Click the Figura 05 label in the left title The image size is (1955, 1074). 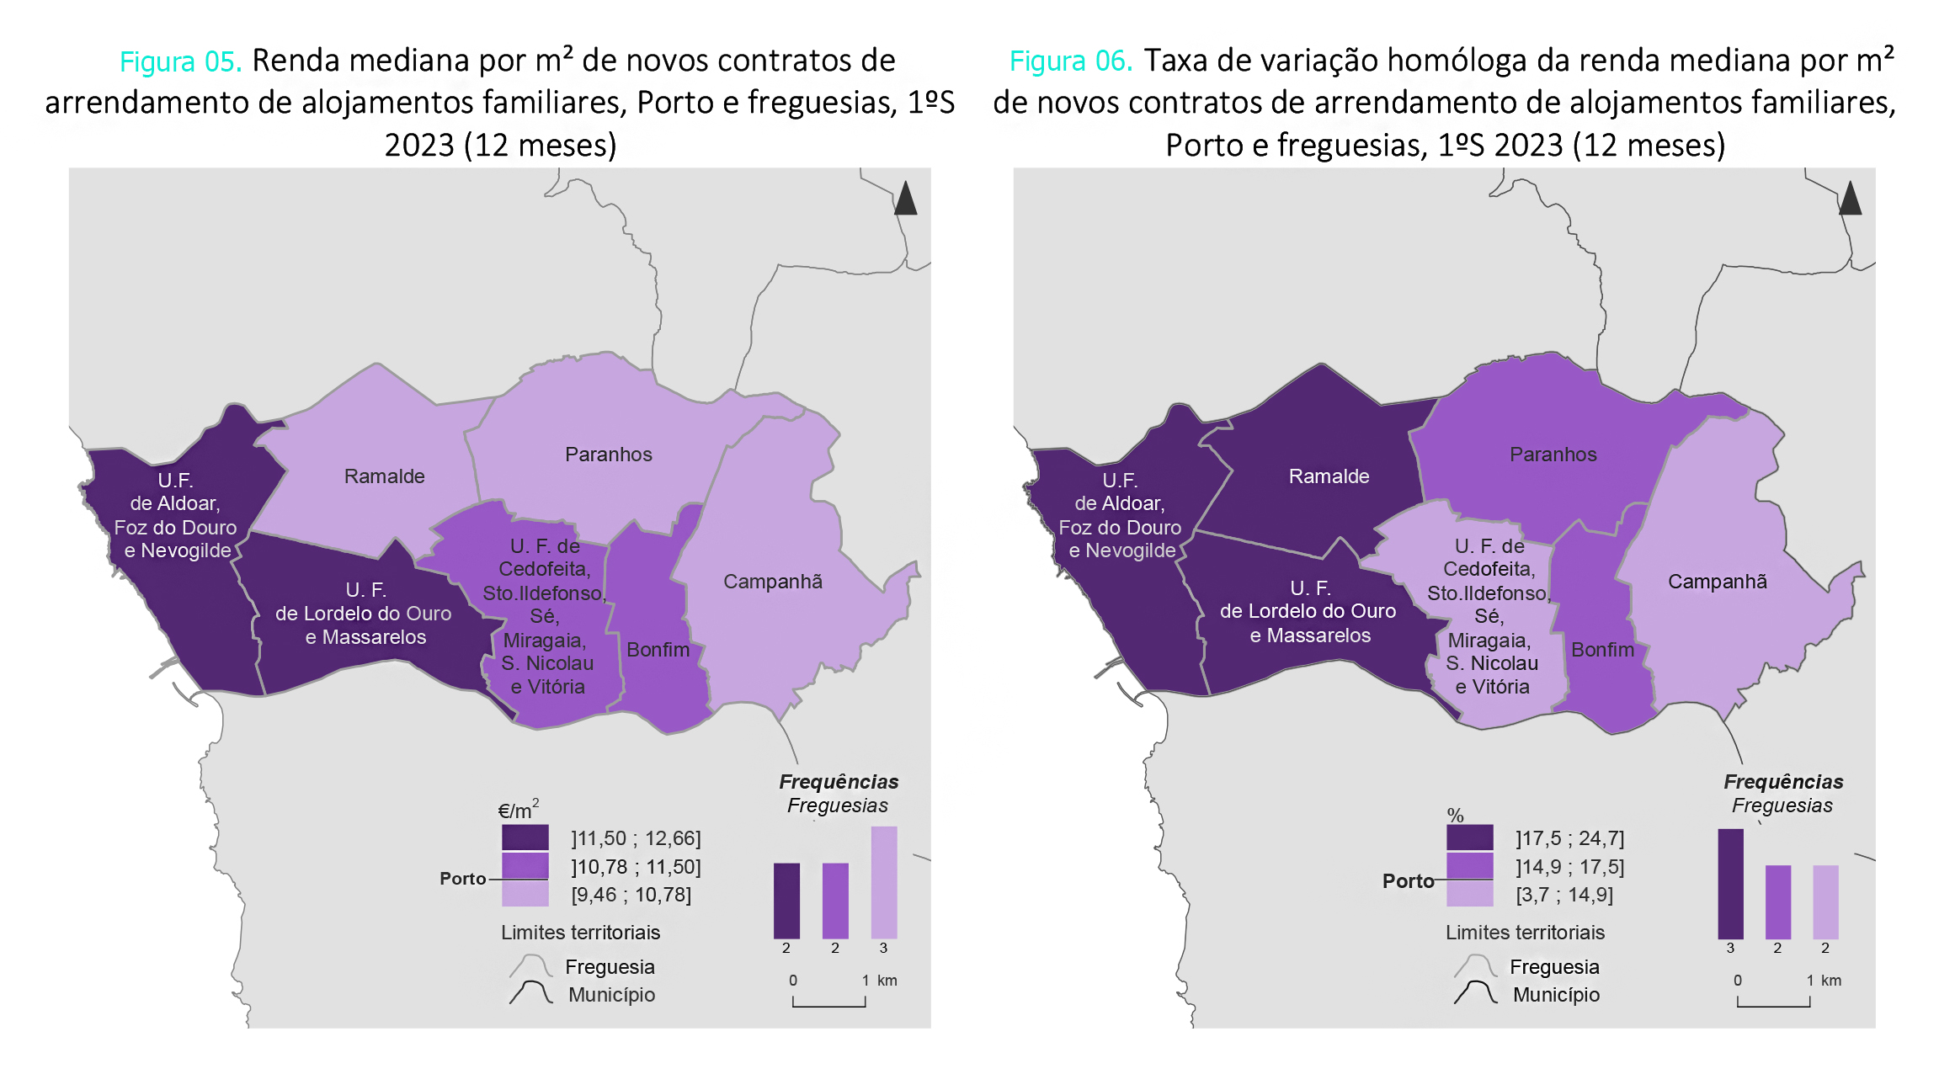tap(180, 61)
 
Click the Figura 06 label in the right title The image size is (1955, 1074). tap(1070, 61)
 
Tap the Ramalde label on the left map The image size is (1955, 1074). tap(384, 476)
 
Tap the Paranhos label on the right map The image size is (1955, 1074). tap(1553, 455)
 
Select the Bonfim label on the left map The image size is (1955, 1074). tap(658, 650)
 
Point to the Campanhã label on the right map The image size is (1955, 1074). tap(1717, 582)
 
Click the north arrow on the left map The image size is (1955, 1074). tap(905, 199)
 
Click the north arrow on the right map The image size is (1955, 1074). tap(1850, 199)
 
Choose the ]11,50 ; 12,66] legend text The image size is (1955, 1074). tap(636, 838)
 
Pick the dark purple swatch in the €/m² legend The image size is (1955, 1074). tap(525, 837)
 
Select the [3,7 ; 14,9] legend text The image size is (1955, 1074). tap(1564, 895)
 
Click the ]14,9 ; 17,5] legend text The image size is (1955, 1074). tap(1569, 866)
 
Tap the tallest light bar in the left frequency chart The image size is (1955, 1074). tap(883, 882)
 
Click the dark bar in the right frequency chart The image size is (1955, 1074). tap(1730, 884)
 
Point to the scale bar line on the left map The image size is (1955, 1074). tap(828, 1004)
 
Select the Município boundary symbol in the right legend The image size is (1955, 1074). tap(1474, 994)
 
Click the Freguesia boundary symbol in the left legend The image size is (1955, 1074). tap(530, 966)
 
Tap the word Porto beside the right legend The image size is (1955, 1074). tap(1408, 881)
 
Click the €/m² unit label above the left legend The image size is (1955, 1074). tap(518, 811)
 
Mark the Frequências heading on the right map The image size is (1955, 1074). tap(1782, 782)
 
